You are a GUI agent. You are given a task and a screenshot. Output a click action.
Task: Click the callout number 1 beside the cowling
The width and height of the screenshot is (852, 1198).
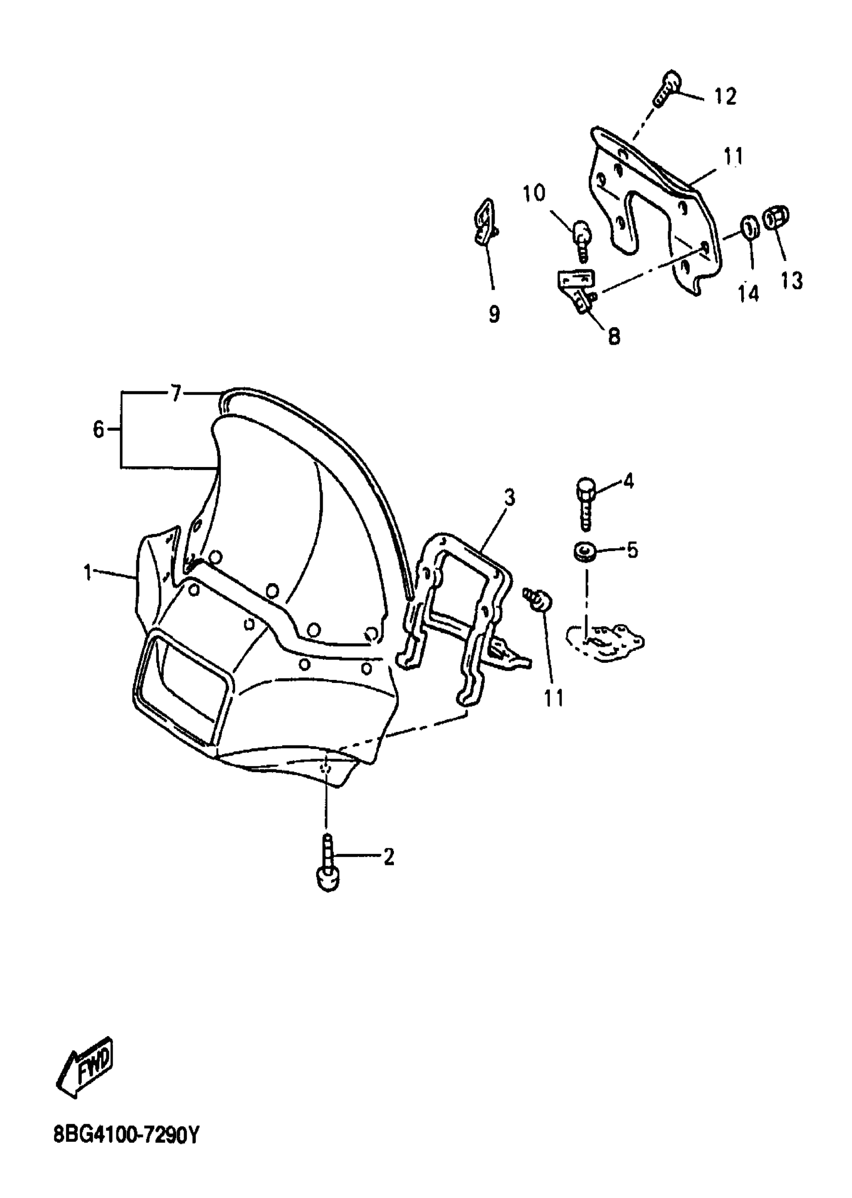coord(88,572)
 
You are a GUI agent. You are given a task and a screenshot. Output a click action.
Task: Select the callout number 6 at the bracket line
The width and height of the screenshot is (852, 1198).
coord(98,430)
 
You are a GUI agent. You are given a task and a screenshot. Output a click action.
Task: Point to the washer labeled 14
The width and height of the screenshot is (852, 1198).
coord(750,227)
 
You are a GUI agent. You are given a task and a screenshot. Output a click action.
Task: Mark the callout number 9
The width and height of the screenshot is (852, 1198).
coord(494,314)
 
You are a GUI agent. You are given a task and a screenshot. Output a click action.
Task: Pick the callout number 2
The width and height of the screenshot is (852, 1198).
coord(388,857)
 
